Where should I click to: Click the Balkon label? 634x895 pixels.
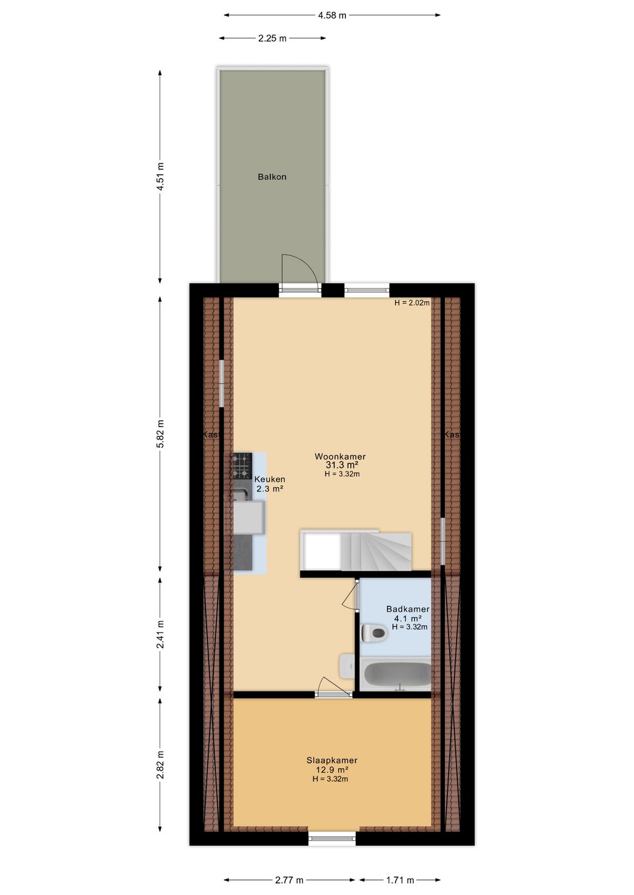(272, 177)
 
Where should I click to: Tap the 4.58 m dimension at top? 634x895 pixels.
(332, 15)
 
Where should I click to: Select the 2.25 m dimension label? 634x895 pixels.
(272, 38)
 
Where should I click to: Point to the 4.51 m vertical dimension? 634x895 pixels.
(160, 176)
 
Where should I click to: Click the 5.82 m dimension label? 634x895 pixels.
(160, 434)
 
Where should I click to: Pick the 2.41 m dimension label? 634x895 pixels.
(160, 635)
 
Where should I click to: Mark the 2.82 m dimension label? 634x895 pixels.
(160, 765)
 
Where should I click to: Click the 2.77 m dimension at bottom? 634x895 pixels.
(289, 880)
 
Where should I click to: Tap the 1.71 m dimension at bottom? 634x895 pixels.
(400, 880)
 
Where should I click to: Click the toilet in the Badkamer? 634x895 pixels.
(373, 633)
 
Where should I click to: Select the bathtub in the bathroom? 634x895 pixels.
(397, 674)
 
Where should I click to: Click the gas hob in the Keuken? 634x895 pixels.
(242, 466)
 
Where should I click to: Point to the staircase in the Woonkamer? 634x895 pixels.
(376, 551)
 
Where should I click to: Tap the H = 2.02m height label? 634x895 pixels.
(412, 303)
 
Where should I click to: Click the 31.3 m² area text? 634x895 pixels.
(342, 465)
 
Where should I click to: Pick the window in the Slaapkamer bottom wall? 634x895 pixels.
(332, 839)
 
